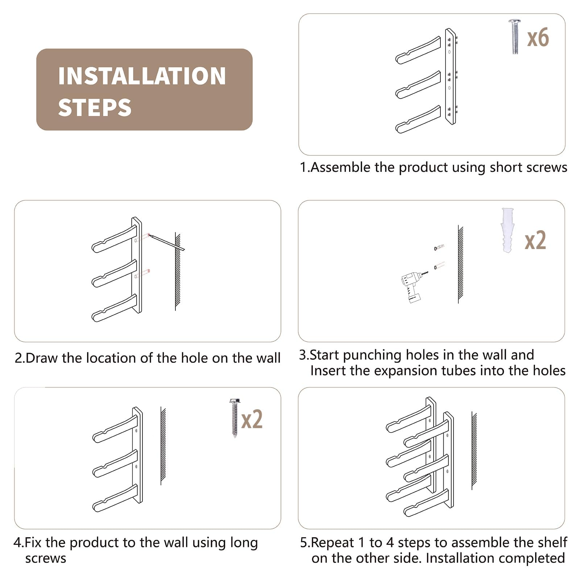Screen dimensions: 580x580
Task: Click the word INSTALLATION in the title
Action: [142, 76]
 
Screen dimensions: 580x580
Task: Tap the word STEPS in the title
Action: [95, 108]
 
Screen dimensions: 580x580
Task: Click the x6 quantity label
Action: [538, 38]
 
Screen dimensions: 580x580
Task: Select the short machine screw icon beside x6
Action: [515, 37]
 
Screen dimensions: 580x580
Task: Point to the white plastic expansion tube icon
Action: [507, 230]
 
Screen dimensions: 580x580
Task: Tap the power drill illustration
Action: [413, 286]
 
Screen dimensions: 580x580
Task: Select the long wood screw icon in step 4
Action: [235, 418]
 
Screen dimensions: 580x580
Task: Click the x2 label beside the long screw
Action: [252, 419]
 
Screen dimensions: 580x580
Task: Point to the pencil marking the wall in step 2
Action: [167, 242]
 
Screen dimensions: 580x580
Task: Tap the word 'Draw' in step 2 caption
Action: [42, 358]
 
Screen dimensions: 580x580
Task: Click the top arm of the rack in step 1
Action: [418, 50]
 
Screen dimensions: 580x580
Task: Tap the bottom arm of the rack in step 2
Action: [115, 308]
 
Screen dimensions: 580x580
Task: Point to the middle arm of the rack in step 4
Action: [115, 464]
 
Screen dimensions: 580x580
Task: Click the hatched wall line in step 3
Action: [460, 264]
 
